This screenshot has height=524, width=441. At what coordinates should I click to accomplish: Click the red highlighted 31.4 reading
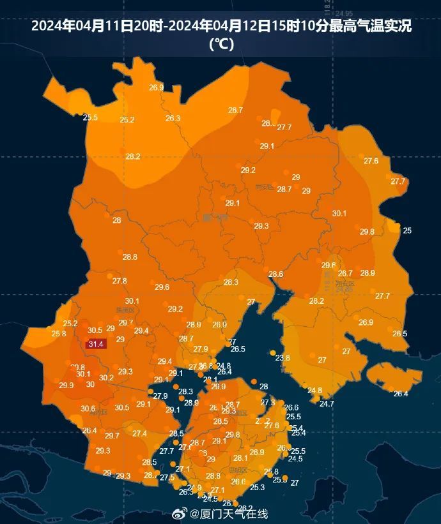coord(96,344)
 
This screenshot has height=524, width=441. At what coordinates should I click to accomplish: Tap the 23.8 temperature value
coord(282,358)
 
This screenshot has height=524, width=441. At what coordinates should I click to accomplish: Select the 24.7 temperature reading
coord(327,403)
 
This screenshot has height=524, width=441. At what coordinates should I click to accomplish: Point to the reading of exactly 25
coord(407,230)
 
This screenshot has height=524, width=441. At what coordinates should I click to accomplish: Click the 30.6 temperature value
coord(88,408)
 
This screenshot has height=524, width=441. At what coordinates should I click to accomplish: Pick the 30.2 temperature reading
coord(106,377)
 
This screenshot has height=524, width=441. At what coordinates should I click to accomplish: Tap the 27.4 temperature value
coord(139,433)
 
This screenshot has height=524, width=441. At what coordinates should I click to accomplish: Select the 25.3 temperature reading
coord(257,488)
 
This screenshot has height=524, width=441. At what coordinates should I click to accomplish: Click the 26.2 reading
coord(245,508)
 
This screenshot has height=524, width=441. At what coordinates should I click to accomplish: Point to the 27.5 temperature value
coord(167,477)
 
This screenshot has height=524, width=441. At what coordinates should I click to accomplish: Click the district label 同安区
coord(264,187)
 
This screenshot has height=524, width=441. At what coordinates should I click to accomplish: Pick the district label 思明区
coord(237,470)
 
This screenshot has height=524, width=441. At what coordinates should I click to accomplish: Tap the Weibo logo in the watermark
coord(181,514)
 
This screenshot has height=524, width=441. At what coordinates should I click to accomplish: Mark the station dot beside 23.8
coord(273,353)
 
